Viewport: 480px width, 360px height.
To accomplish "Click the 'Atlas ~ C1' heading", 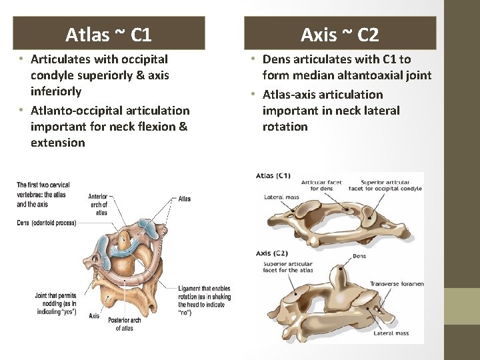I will pyautogui.click(x=109, y=33).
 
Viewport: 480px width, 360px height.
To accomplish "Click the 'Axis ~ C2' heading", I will pyautogui.click(x=339, y=33).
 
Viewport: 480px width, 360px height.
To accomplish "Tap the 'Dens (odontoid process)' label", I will pyautogui.click(x=47, y=223).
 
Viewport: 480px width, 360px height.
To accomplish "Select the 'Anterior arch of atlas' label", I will pyautogui.click(x=98, y=204).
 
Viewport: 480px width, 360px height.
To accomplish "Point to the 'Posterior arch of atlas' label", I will pyautogui.click(x=125, y=323).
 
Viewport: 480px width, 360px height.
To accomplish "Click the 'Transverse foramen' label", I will pyautogui.click(x=397, y=283).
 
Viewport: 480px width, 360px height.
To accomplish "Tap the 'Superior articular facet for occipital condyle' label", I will pyautogui.click(x=391, y=185).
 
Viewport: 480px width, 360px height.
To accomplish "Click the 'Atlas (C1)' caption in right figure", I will pyautogui.click(x=273, y=176).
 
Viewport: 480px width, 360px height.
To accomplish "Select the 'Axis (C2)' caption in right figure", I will pyautogui.click(x=272, y=253).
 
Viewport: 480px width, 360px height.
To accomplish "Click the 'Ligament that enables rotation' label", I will pyautogui.click(x=204, y=301).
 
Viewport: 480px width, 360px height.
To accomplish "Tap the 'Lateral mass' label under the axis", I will pyautogui.click(x=391, y=333).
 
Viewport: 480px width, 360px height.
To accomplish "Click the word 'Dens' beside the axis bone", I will pyautogui.click(x=359, y=255).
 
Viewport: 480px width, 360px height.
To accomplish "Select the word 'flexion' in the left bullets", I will pyautogui.click(x=158, y=126).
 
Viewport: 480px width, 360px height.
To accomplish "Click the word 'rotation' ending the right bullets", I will pyautogui.click(x=285, y=126).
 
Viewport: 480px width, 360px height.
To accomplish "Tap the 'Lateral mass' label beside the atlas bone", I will pyautogui.click(x=281, y=197).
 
